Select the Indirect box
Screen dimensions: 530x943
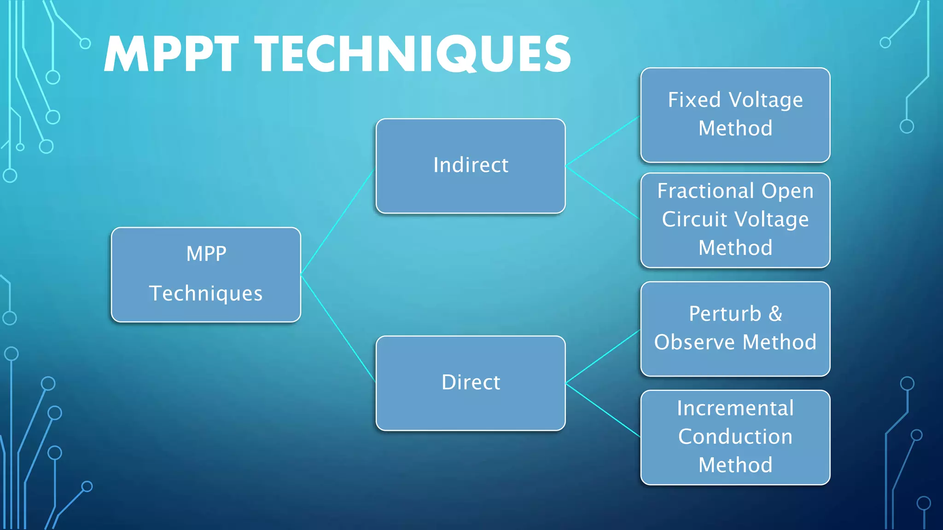click(x=471, y=166)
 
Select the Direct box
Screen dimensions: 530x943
click(x=471, y=383)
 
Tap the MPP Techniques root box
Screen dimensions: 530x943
click(x=206, y=275)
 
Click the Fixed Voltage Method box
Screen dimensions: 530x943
click(x=735, y=115)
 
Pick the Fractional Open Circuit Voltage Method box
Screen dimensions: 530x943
click(x=735, y=220)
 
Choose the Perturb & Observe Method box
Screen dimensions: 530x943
click(x=735, y=329)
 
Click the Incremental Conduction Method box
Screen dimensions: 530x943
click(x=735, y=438)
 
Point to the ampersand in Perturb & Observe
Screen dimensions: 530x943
click(x=775, y=314)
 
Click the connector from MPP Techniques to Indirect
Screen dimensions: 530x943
click(x=337, y=223)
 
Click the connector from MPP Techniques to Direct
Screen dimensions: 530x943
click(x=338, y=328)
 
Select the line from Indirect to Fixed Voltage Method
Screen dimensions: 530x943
click(x=602, y=141)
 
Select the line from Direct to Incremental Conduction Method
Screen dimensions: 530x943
click(x=602, y=409)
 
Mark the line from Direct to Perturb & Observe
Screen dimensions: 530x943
click(x=602, y=357)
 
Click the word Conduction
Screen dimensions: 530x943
click(x=735, y=437)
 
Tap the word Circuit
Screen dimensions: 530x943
click(x=694, y=220)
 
